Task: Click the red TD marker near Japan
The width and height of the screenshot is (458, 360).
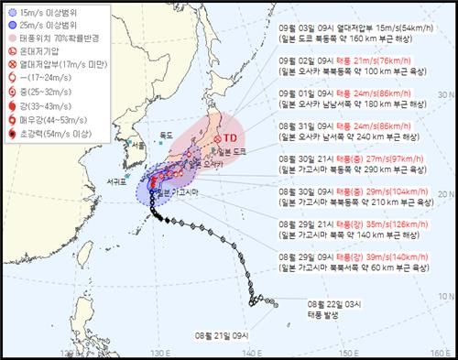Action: pos(218,139)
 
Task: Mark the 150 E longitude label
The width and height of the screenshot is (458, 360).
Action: pos(345,353)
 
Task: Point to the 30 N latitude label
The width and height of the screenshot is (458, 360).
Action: pos(446,195)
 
